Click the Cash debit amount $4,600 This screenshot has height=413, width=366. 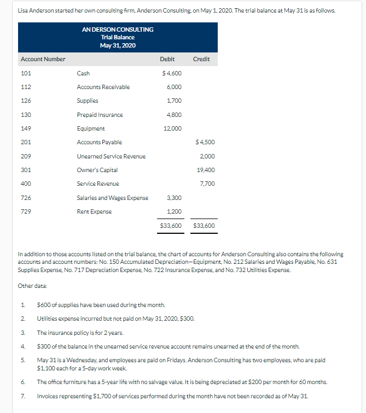pos(172,73)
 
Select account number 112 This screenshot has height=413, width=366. pos(26,87)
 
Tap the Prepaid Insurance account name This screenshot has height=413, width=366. pos(100,115)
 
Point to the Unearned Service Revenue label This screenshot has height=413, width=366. pos(111,156)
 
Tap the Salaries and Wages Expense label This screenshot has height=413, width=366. pos(112,198)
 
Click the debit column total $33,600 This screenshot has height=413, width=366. pos(171,225)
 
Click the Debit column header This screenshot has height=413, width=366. pos(167,59)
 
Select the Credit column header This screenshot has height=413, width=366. pos(201,59)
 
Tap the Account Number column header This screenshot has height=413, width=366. pos(43,59)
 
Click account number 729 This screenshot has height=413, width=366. pos(26,211)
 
